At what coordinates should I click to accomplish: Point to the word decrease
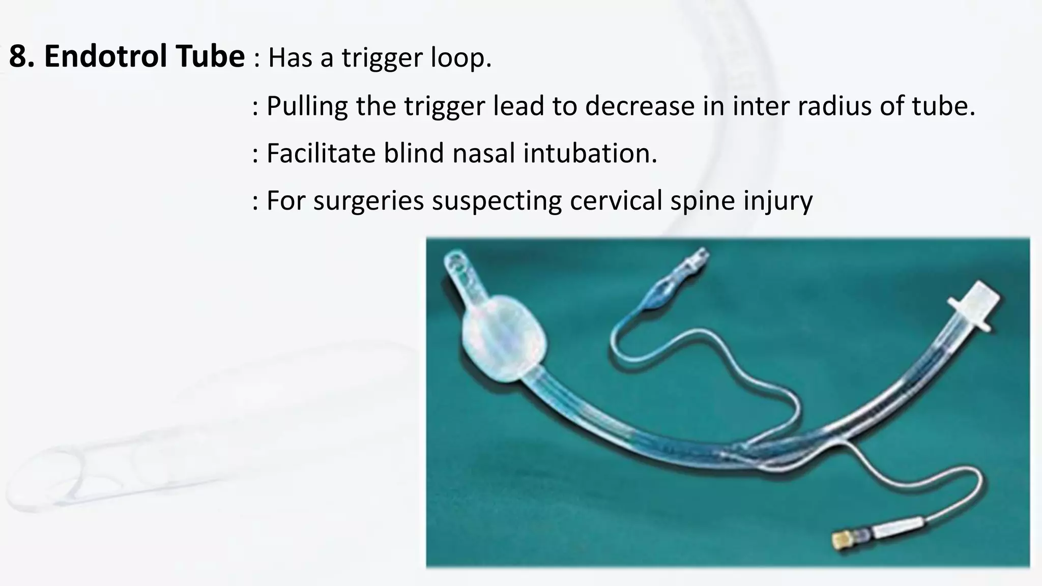(x=640, y=106)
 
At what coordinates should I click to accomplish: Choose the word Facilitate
(x=321, y=153)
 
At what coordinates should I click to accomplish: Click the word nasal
(x=483, y=153)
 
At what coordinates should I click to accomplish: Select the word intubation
(x=590, y=153)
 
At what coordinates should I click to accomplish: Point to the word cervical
(x=616, y=200)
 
